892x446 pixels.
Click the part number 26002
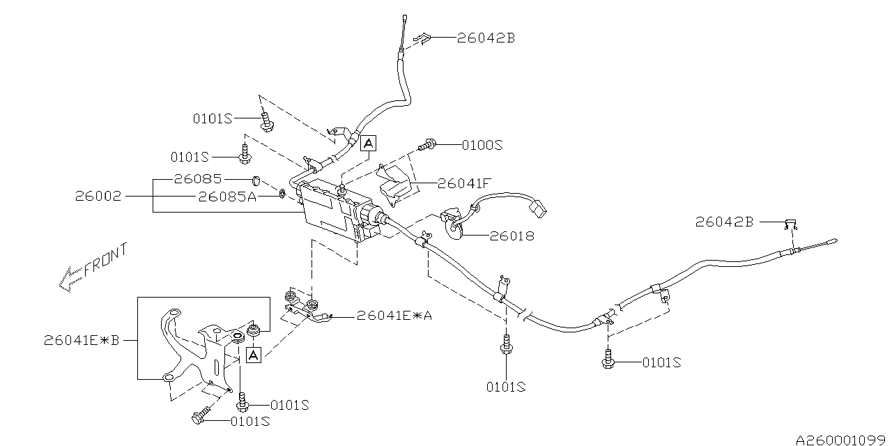click(x=98, y=197)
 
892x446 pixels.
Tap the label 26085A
click(x=227, y=197)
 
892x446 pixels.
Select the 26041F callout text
click(x=465, y=184)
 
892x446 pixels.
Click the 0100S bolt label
click(x=482, y=146)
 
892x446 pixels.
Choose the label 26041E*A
click(x=394, y=316)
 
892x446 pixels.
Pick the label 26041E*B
click(x=82, y=341)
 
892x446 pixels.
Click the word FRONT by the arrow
click(x=105, y=261)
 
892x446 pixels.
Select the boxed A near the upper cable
click(x=369, y=144)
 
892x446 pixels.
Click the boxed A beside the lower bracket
click(x=253, y=355)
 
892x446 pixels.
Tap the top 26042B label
click(x=486, y=38)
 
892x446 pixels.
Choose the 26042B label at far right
click(x=724, y=222)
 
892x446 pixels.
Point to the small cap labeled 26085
click(x=256, y=182)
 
